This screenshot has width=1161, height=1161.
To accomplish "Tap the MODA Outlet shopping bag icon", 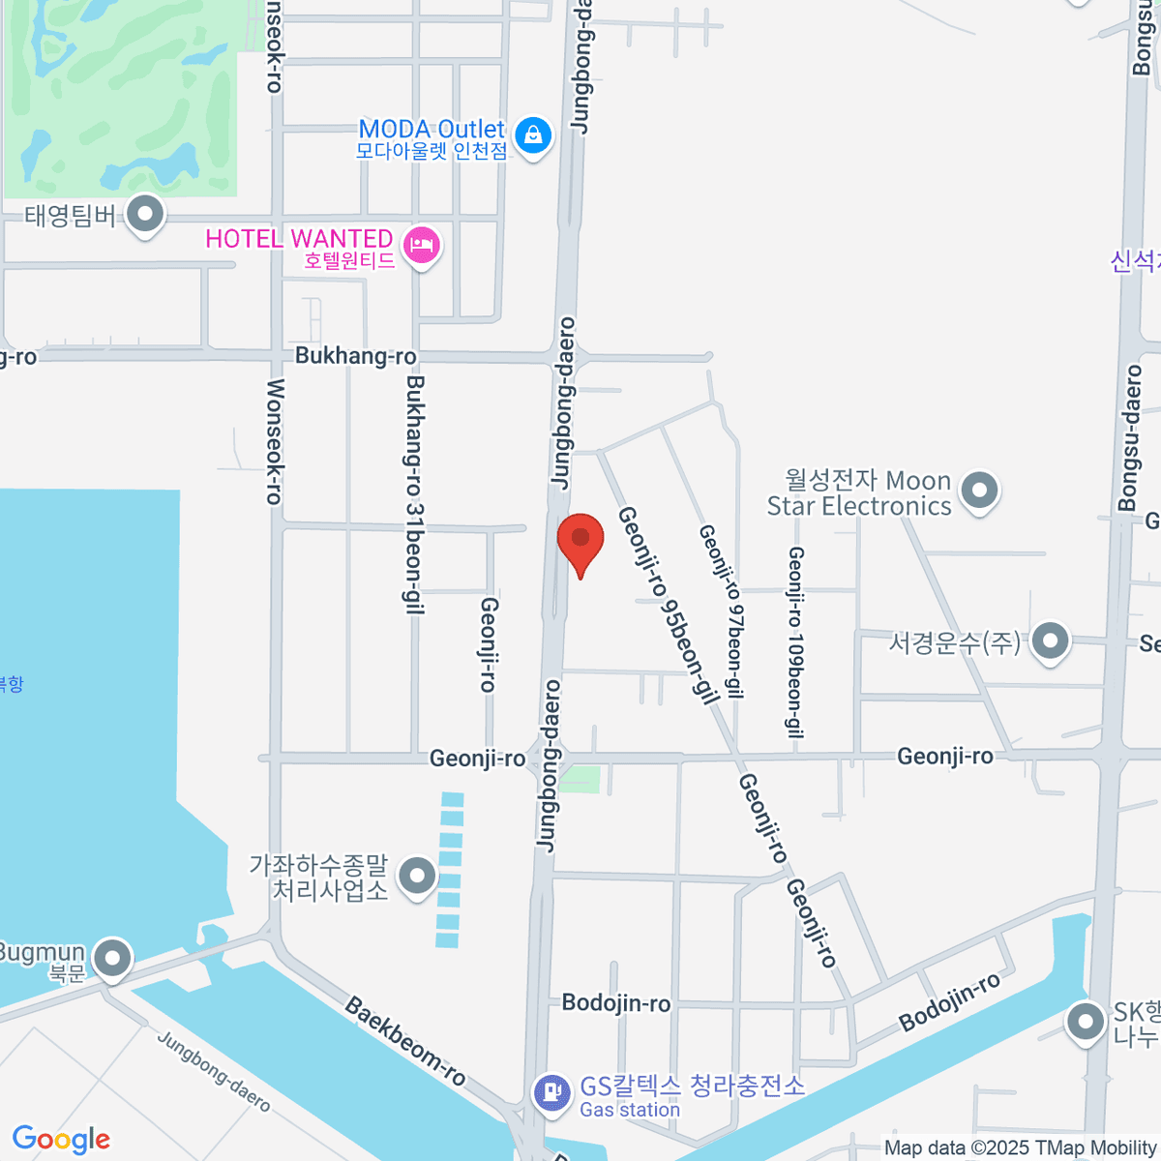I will point(533,135).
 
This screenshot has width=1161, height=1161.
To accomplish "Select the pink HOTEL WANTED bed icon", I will point(422,245).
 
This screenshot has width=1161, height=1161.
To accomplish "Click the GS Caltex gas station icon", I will point(551,1093).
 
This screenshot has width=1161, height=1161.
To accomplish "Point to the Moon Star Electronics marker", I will point(980,491).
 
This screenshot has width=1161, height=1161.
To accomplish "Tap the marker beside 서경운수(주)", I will point(1050,640).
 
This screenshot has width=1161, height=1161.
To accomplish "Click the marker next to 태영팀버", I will point(146,215).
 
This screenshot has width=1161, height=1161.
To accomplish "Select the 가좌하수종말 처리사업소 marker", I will point(418,877).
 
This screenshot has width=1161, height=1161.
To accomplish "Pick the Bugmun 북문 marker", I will point(113,959).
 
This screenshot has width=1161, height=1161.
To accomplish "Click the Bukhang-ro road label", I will point(355,356).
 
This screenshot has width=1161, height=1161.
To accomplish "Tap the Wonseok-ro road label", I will point(274,441).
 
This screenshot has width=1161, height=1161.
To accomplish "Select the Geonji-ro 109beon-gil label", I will point(795,641).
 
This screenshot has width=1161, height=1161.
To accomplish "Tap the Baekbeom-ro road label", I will point(404,1041).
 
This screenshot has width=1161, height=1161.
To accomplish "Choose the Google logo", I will point(61,1139).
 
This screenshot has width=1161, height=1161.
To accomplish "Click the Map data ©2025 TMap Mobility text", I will point(1020,1147).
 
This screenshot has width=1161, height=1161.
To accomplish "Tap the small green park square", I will point(580,779).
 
